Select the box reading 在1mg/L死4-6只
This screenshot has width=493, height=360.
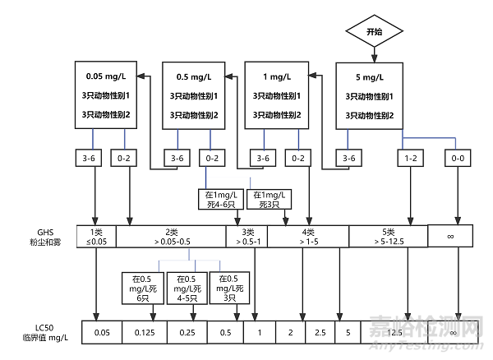pos(218,198)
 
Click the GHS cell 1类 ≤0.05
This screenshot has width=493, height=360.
pos(96,236)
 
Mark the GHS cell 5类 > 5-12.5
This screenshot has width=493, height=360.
pos(388,236)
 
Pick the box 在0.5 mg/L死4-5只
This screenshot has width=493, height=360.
pos(185,288)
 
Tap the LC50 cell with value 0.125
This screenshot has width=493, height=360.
pos(144,332)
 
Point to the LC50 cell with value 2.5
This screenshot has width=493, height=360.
pos(320,332)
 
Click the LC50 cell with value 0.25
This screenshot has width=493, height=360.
pos(187,332)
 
